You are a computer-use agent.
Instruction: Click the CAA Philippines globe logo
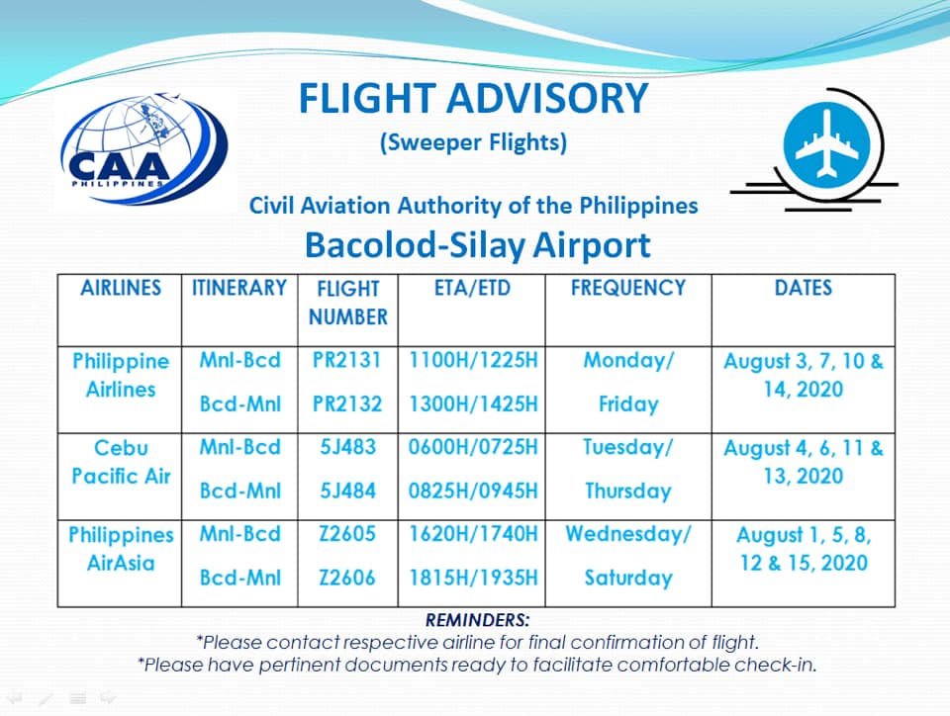[144, 148]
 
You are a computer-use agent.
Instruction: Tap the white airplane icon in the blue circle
[826, 144]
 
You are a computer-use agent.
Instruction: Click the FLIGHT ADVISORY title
[474, 99]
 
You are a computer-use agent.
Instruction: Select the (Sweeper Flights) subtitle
[473, 142]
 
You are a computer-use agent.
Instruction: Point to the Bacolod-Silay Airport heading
[477, 245]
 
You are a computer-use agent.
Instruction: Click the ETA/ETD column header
[473, 288]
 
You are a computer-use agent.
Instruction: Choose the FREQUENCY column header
[628, 288]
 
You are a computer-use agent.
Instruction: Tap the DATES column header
[804, 288]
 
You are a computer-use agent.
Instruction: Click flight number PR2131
[346, 360]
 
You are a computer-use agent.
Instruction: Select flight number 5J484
[347, 491]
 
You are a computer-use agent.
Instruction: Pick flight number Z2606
[347, 578]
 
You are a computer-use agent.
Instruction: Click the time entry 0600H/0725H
[473, 447]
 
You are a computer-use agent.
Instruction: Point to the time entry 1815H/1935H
[473, 578]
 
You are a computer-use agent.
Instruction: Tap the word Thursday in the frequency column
[628, 491]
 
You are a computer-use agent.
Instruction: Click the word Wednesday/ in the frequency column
[628, 534]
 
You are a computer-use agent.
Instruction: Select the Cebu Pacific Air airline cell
[121, 462]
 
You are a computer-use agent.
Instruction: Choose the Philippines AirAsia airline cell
[121, 549]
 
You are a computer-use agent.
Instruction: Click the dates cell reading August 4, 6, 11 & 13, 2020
[804, 462]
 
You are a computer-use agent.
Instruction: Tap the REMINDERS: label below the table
[477, 620]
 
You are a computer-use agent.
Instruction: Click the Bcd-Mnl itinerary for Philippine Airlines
[240, 403]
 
